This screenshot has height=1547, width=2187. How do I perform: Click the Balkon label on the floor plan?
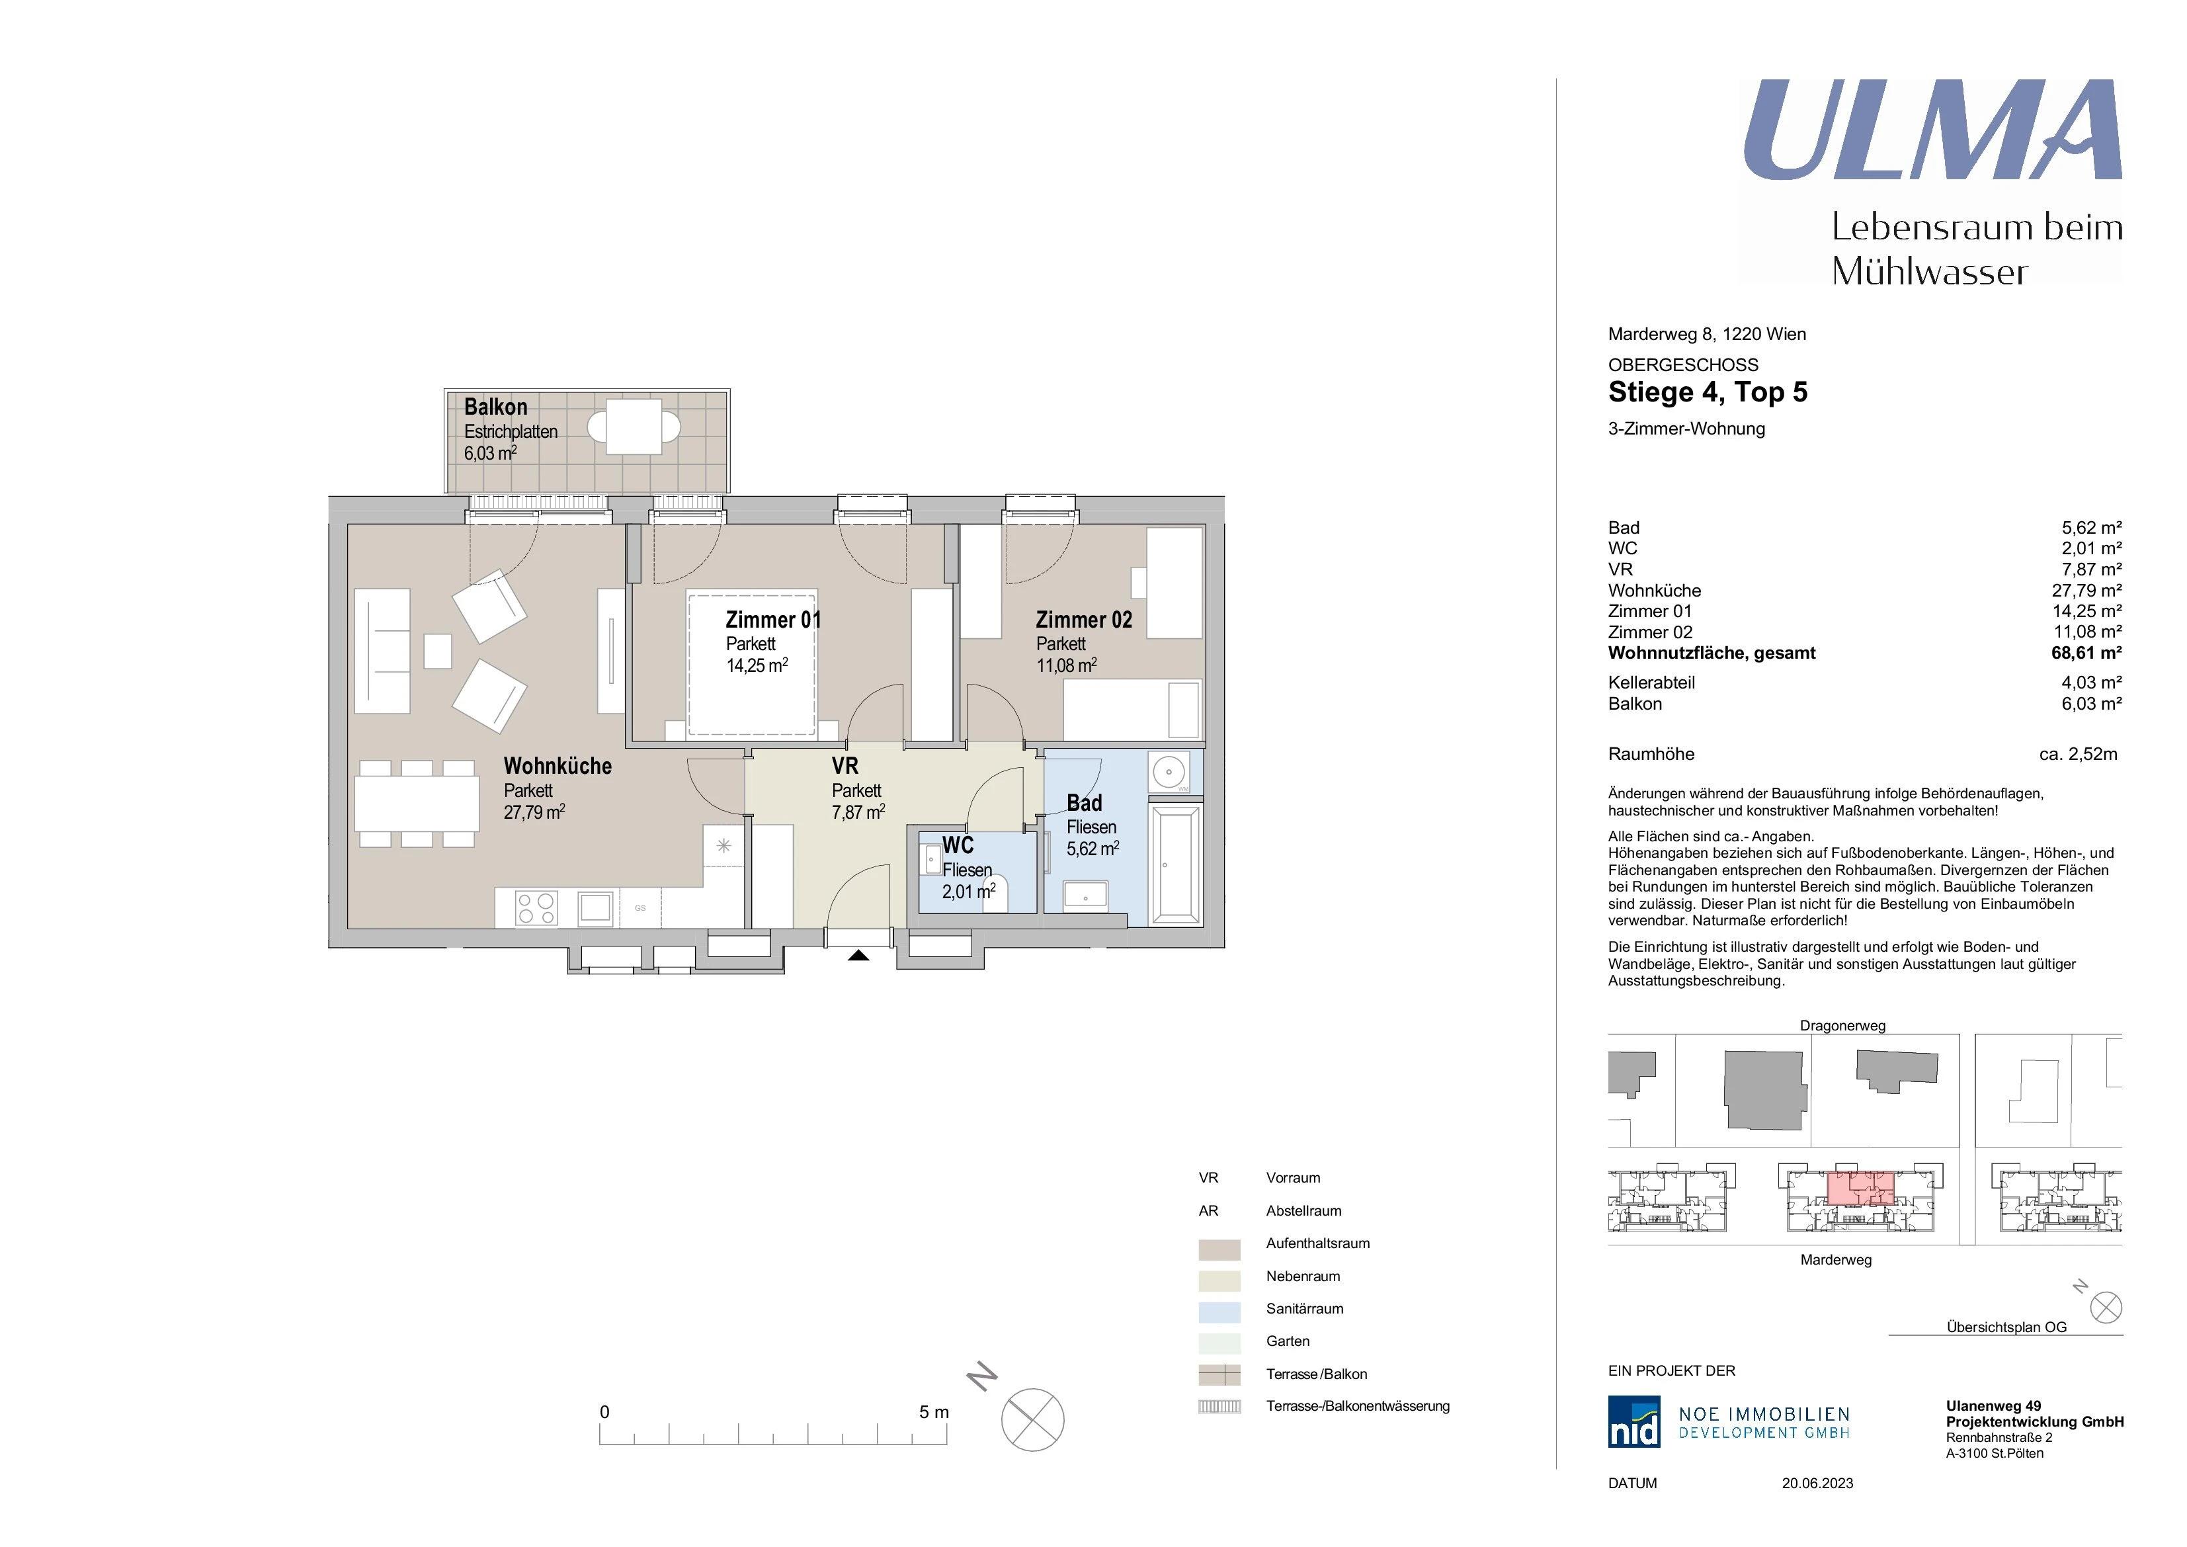point(495,407)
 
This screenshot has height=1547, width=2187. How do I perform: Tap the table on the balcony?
point(634,427)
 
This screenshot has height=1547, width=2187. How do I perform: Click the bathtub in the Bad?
point(1175,864)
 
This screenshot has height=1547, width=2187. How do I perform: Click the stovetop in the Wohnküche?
point(536,908)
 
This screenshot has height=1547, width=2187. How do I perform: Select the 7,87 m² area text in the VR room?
point(858,812)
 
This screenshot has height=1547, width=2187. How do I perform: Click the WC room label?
point(958,845)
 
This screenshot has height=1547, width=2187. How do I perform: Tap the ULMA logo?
point(1932,130)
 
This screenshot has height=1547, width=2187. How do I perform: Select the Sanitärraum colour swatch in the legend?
point(1219,1312)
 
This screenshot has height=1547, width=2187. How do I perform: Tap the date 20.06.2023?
point(1817,1484)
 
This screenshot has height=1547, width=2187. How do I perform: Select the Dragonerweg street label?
point(1842,1026)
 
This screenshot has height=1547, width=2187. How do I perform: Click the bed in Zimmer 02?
point(1132,710)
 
